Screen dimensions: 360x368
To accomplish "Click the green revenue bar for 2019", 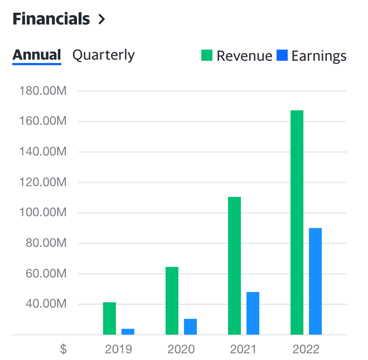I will (109, 318).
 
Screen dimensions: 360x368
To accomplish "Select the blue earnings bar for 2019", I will (128, 332).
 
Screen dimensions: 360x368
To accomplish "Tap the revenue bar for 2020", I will (172, 301).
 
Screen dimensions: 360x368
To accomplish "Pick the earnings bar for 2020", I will (190, 327).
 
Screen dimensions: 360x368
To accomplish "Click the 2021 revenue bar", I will (234, 265).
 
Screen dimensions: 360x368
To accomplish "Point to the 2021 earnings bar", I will (253, 313).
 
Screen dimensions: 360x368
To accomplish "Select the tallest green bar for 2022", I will (297, 222).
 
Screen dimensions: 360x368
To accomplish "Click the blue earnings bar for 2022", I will (315, 281).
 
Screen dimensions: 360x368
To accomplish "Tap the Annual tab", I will (37, 55).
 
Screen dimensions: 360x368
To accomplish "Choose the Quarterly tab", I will (104, 55).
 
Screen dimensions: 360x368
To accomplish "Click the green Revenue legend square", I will (207, 56).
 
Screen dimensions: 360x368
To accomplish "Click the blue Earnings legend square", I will (282, 56).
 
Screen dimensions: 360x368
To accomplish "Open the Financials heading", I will (51, 19).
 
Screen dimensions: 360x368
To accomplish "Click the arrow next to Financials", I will (101, 19).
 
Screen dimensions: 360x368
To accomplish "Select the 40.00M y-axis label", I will (47, 304).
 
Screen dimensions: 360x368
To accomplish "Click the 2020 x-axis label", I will (181, 349).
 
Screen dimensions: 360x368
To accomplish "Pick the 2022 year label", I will (306, 349).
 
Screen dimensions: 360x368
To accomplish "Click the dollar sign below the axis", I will (64, 349).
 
